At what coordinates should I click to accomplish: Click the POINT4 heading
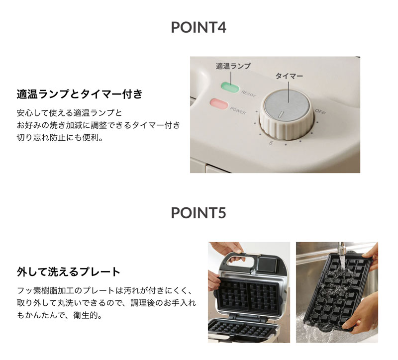(199, 27)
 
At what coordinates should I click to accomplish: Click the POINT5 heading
(199, 213)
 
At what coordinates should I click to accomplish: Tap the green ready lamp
(230, 87)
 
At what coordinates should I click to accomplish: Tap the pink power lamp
(219, 104)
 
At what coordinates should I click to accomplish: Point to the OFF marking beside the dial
(320, 111)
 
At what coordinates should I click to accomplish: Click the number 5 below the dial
(271, 143)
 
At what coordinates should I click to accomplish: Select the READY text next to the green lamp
(248, 93)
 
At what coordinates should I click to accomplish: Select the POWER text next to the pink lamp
(238, 110)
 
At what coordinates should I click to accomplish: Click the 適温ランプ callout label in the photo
(233, 66)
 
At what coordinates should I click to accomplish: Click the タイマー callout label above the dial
(289, 76)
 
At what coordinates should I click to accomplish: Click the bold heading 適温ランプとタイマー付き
(80, 94)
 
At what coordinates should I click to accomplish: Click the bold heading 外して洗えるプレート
(69, 271)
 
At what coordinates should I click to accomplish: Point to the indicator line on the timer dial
(281, 115)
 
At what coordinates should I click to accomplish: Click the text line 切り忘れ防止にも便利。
(60, 138)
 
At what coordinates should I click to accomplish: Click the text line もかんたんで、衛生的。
(60, 315)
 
